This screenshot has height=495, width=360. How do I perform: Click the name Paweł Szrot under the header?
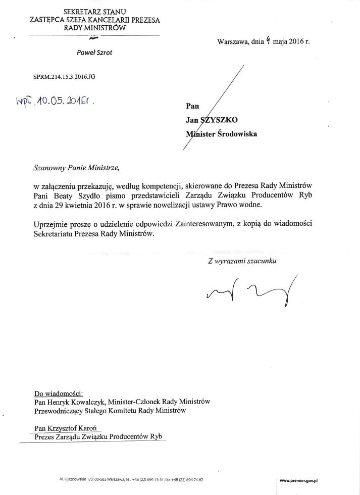pyautogui.click(x=94, y=53)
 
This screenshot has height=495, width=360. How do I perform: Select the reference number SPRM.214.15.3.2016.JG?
pyautogui.click(x=64, y=77)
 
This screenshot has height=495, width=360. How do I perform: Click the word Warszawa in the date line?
pyautogui.click(x=233, y=42)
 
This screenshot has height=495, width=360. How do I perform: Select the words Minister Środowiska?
pyautogui.click(x=221, y=134)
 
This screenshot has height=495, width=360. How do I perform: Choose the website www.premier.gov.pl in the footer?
pyautogui.click(x=301, y=481)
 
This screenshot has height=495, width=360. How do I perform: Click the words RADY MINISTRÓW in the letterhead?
pyautogui.click(x=94, y=28)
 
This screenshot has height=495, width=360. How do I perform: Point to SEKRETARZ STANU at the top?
pyautogui.click(x=94, y=11)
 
